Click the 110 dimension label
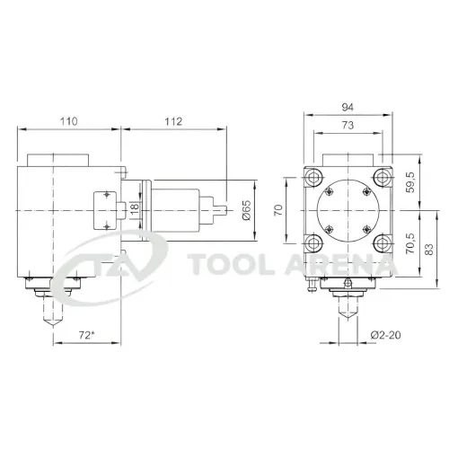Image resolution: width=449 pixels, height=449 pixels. (68, 121)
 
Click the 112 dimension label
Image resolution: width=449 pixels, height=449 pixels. (173, 121)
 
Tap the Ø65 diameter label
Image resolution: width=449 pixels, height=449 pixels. (247, 210)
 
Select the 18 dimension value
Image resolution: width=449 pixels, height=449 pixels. (135, 207)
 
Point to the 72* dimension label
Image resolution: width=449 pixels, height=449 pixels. (86, 335)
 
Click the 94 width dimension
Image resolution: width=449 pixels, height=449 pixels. (348, 107)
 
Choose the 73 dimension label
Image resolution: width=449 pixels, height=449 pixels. (348, 125)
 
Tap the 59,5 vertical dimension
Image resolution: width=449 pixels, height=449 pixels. (410, 182)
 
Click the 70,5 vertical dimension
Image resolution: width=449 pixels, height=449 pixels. (410, 243)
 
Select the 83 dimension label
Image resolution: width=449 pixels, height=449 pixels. (428, 250)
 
